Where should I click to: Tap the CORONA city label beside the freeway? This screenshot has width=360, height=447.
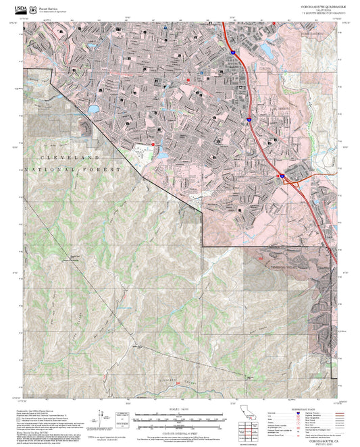point(265,69)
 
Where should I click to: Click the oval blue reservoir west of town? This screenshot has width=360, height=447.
point(93,108)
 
